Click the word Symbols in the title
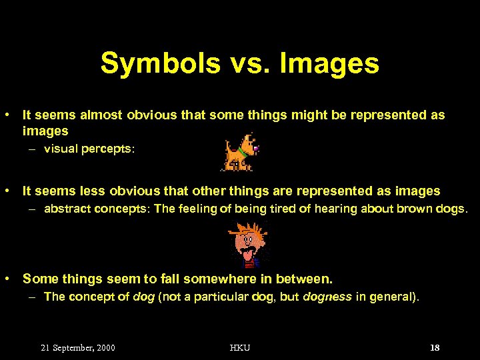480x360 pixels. (160, 64)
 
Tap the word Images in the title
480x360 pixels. (330, 64)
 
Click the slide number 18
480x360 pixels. (435, 348)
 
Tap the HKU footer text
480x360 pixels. (240, 348)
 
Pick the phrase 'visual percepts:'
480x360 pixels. (89, 149)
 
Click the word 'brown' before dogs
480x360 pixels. (414, 209)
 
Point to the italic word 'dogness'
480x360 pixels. (327, 297)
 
